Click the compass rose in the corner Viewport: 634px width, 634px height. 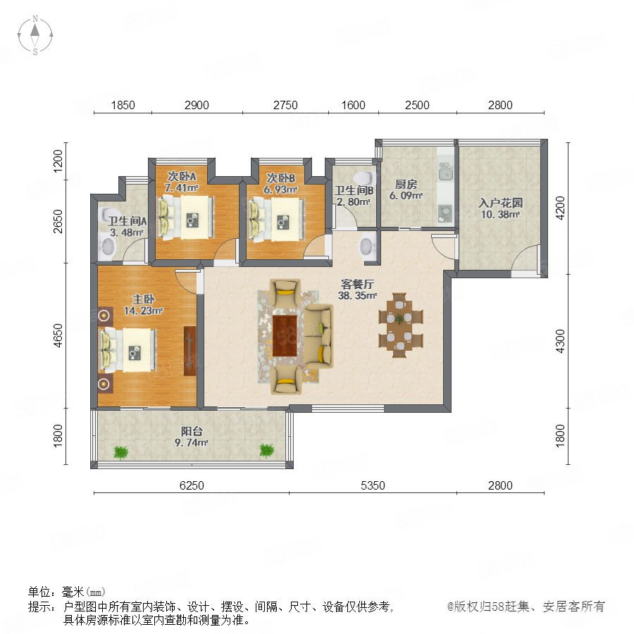point(35,35)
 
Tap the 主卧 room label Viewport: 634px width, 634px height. point(144,299)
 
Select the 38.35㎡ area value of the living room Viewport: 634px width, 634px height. point(357,296)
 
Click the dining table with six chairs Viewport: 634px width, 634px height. point(400,325)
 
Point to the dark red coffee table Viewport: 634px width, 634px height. point(285,336)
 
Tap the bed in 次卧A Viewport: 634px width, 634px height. point(186,217)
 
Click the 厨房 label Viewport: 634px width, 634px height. point(406,185)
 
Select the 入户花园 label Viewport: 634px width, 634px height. point(501,203)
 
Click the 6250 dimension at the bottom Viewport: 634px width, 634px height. point(192,485)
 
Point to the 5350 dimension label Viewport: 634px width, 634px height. point(373,485)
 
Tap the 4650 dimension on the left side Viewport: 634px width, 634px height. point(58,335)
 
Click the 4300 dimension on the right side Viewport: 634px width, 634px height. point(560,341)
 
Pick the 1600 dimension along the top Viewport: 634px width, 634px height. point(354,105)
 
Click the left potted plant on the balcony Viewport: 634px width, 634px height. point(120,452)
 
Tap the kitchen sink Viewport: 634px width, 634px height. point(446,173)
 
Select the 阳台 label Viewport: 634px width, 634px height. point(192,431)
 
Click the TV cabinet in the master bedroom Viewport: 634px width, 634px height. point(189,351)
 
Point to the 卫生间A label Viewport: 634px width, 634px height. point(127,221)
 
